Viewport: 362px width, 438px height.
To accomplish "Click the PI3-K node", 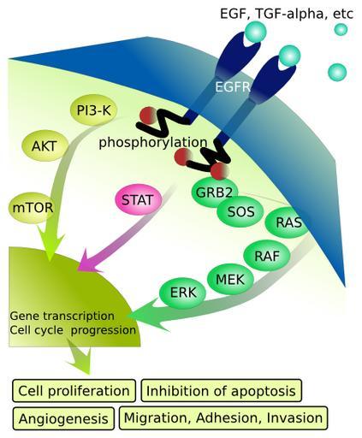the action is [93, 110].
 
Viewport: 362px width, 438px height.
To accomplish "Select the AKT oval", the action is [45, 145].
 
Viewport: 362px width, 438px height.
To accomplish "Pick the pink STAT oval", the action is [138, 199].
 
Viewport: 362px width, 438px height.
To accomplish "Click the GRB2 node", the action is [214, 192].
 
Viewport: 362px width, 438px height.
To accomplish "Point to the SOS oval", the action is [240, 211].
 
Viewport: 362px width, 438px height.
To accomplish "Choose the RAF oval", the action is [267, 256].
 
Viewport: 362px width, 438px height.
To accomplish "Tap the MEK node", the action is [230, 280].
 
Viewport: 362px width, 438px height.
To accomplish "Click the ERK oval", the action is [182, 293].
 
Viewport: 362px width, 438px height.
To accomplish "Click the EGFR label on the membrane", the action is [232, 86].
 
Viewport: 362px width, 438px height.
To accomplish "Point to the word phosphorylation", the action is [153, 142].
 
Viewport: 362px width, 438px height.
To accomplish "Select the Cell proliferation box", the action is [74, 391].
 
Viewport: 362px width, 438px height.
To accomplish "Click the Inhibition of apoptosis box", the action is [221, 391].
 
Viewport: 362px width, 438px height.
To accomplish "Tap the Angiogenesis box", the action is [63, 418].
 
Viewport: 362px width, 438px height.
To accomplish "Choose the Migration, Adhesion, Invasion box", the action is [223, 417].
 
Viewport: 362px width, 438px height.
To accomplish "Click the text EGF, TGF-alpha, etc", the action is [287, 14].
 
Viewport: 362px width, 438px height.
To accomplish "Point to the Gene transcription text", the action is [62, 316].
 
